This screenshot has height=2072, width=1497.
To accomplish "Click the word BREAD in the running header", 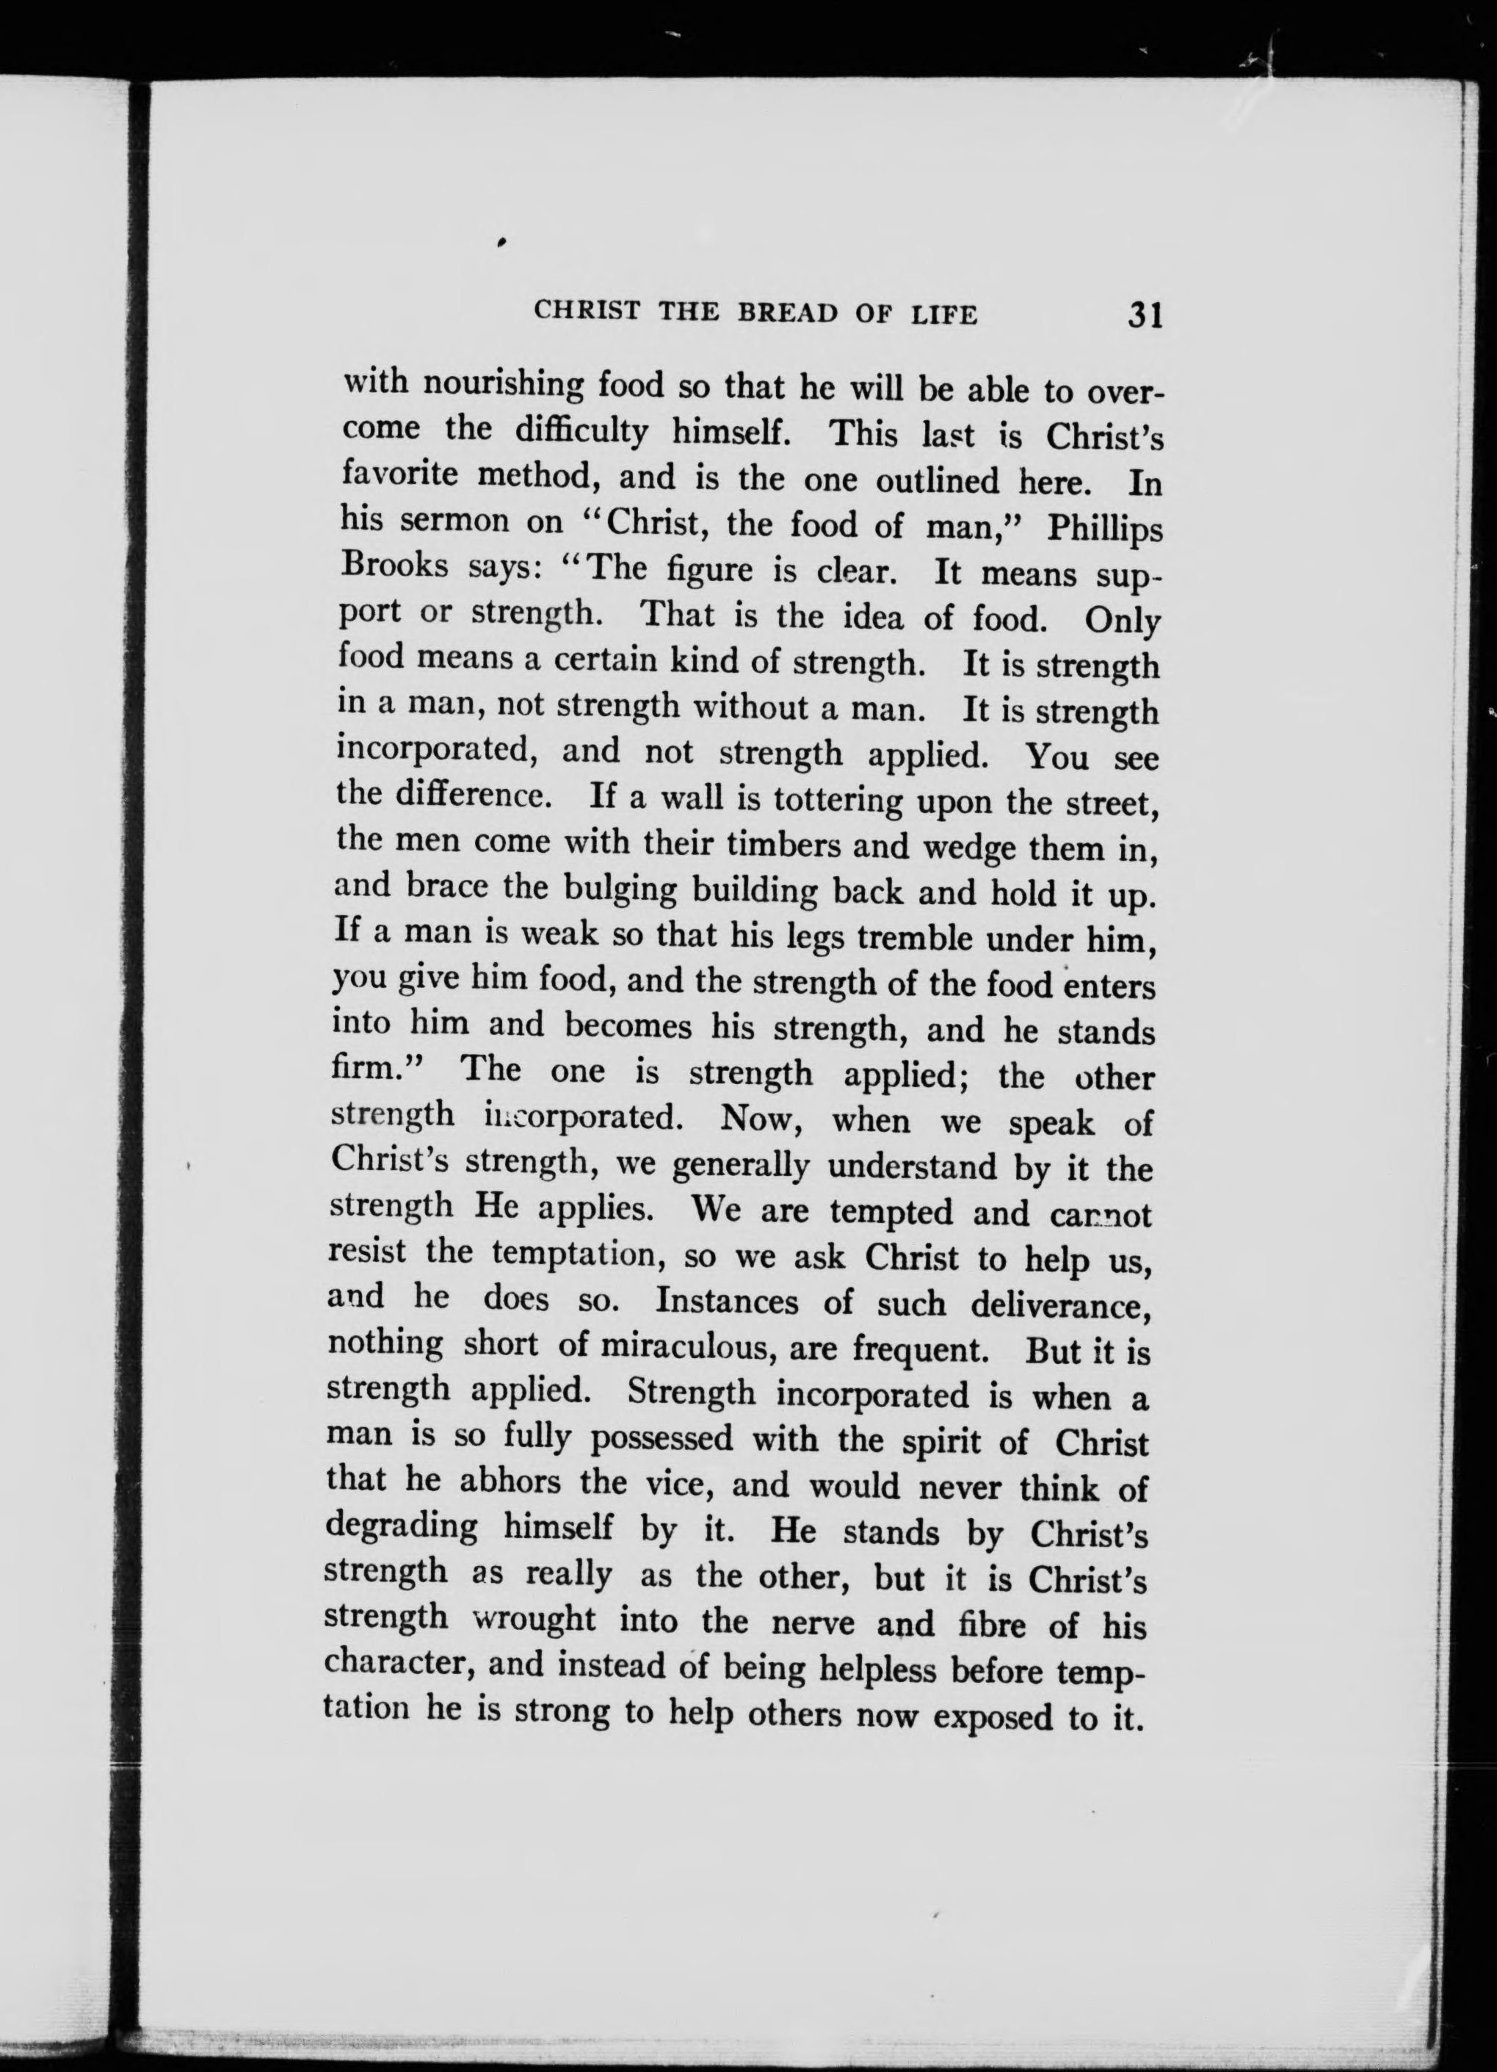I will click(787, 314).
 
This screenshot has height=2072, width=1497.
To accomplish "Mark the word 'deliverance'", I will click(1059, 1304).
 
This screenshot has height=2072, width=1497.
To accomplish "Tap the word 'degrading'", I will click(402, 1528).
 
